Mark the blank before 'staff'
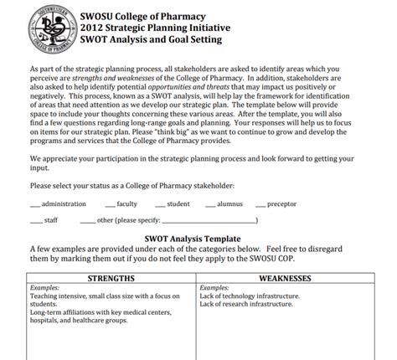click(36, 221)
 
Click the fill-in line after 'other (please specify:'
click(209, 221)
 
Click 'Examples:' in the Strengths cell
click(44, 288)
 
